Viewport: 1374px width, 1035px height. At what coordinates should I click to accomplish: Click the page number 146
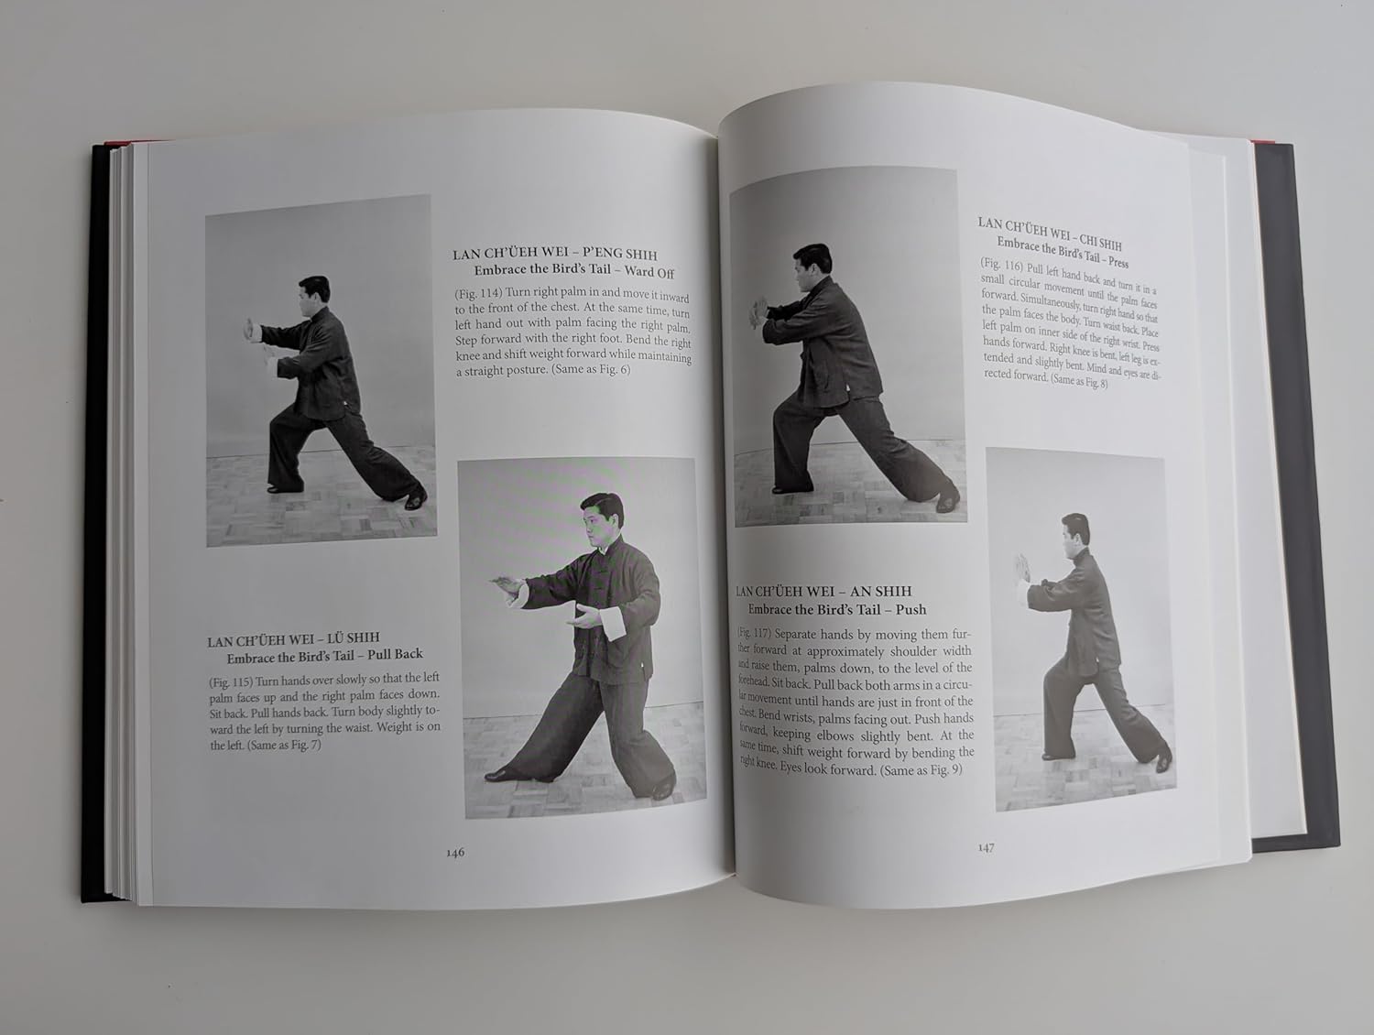pyautogui.click(x=455, y=853)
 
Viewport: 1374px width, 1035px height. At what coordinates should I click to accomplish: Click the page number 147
pyautogui.click(x=986, y=847)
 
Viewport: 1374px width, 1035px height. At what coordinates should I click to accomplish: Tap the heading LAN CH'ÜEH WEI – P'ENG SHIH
pyautogui.click(x=554, y=254)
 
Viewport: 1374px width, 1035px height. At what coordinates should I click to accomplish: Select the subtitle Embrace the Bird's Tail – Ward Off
pyautogui.click(x=574, y=272)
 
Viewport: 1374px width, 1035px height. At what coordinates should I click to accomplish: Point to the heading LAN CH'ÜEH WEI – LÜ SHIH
pyautogui.click(x=294, y=639)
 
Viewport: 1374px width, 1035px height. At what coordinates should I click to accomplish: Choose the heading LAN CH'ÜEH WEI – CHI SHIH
pyautogui.click(x=1049, y=233)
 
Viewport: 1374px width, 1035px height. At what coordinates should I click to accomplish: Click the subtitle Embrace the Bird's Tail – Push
pyautogui.click(x=837, y=609)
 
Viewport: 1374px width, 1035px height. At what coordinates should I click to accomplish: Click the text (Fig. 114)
pyautogui.click(x=478, y=292)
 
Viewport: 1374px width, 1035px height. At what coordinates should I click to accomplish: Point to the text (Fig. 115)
pyautogui.click(x=231, y=682)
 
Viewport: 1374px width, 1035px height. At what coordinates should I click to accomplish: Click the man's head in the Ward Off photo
pyautogui.click(x=313, y=295)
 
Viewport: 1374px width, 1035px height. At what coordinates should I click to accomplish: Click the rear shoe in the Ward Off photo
pyautogui.click(x=416, y=499)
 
